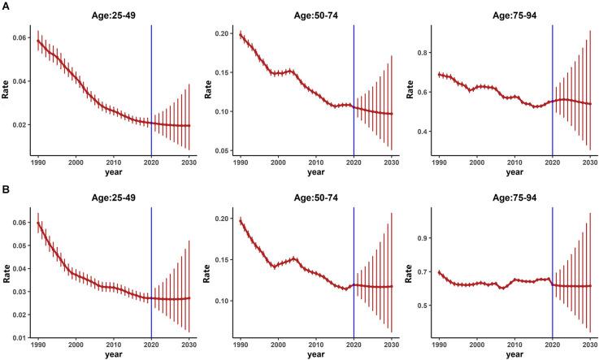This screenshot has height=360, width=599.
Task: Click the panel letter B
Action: (x=6, y=191)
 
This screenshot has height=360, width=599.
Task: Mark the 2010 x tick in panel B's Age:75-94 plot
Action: (x=513, y=345)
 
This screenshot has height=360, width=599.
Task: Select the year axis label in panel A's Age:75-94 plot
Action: (x=514, y=171)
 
